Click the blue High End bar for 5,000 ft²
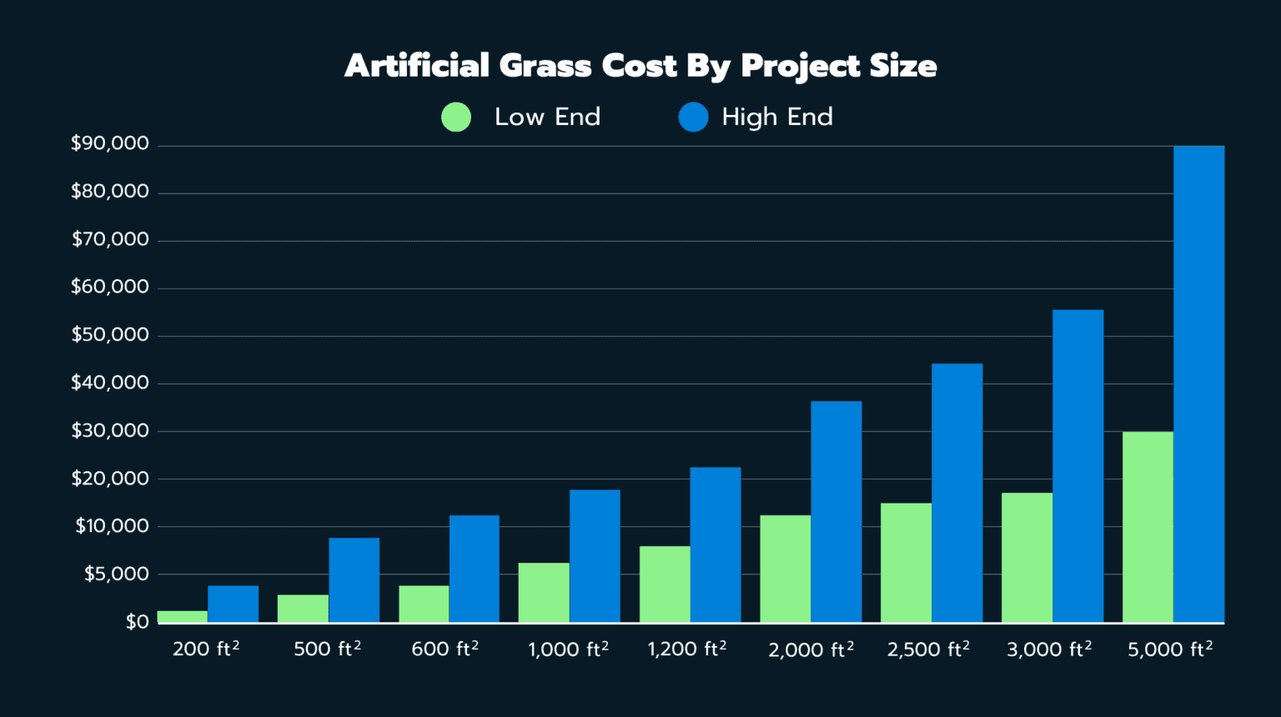tap(1198, 384)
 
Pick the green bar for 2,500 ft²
tap(906, 563)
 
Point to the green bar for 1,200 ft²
tap(665, 584)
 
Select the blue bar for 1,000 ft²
tap(595, 555)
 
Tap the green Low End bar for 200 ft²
tap(182, 617)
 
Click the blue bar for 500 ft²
tap(354, 579)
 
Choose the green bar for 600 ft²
tap(424, 604)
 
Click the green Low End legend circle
tap(456, 118)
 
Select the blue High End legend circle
tap(693, 118)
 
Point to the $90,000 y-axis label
tap(110, 143)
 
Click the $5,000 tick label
tap(117, 574)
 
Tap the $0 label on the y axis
tap(138, 622)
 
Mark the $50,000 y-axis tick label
tap(110, 335)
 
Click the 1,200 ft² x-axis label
tap(686, 649)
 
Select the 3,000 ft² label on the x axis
tap(1048, 649)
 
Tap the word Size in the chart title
tap(903, 66)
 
